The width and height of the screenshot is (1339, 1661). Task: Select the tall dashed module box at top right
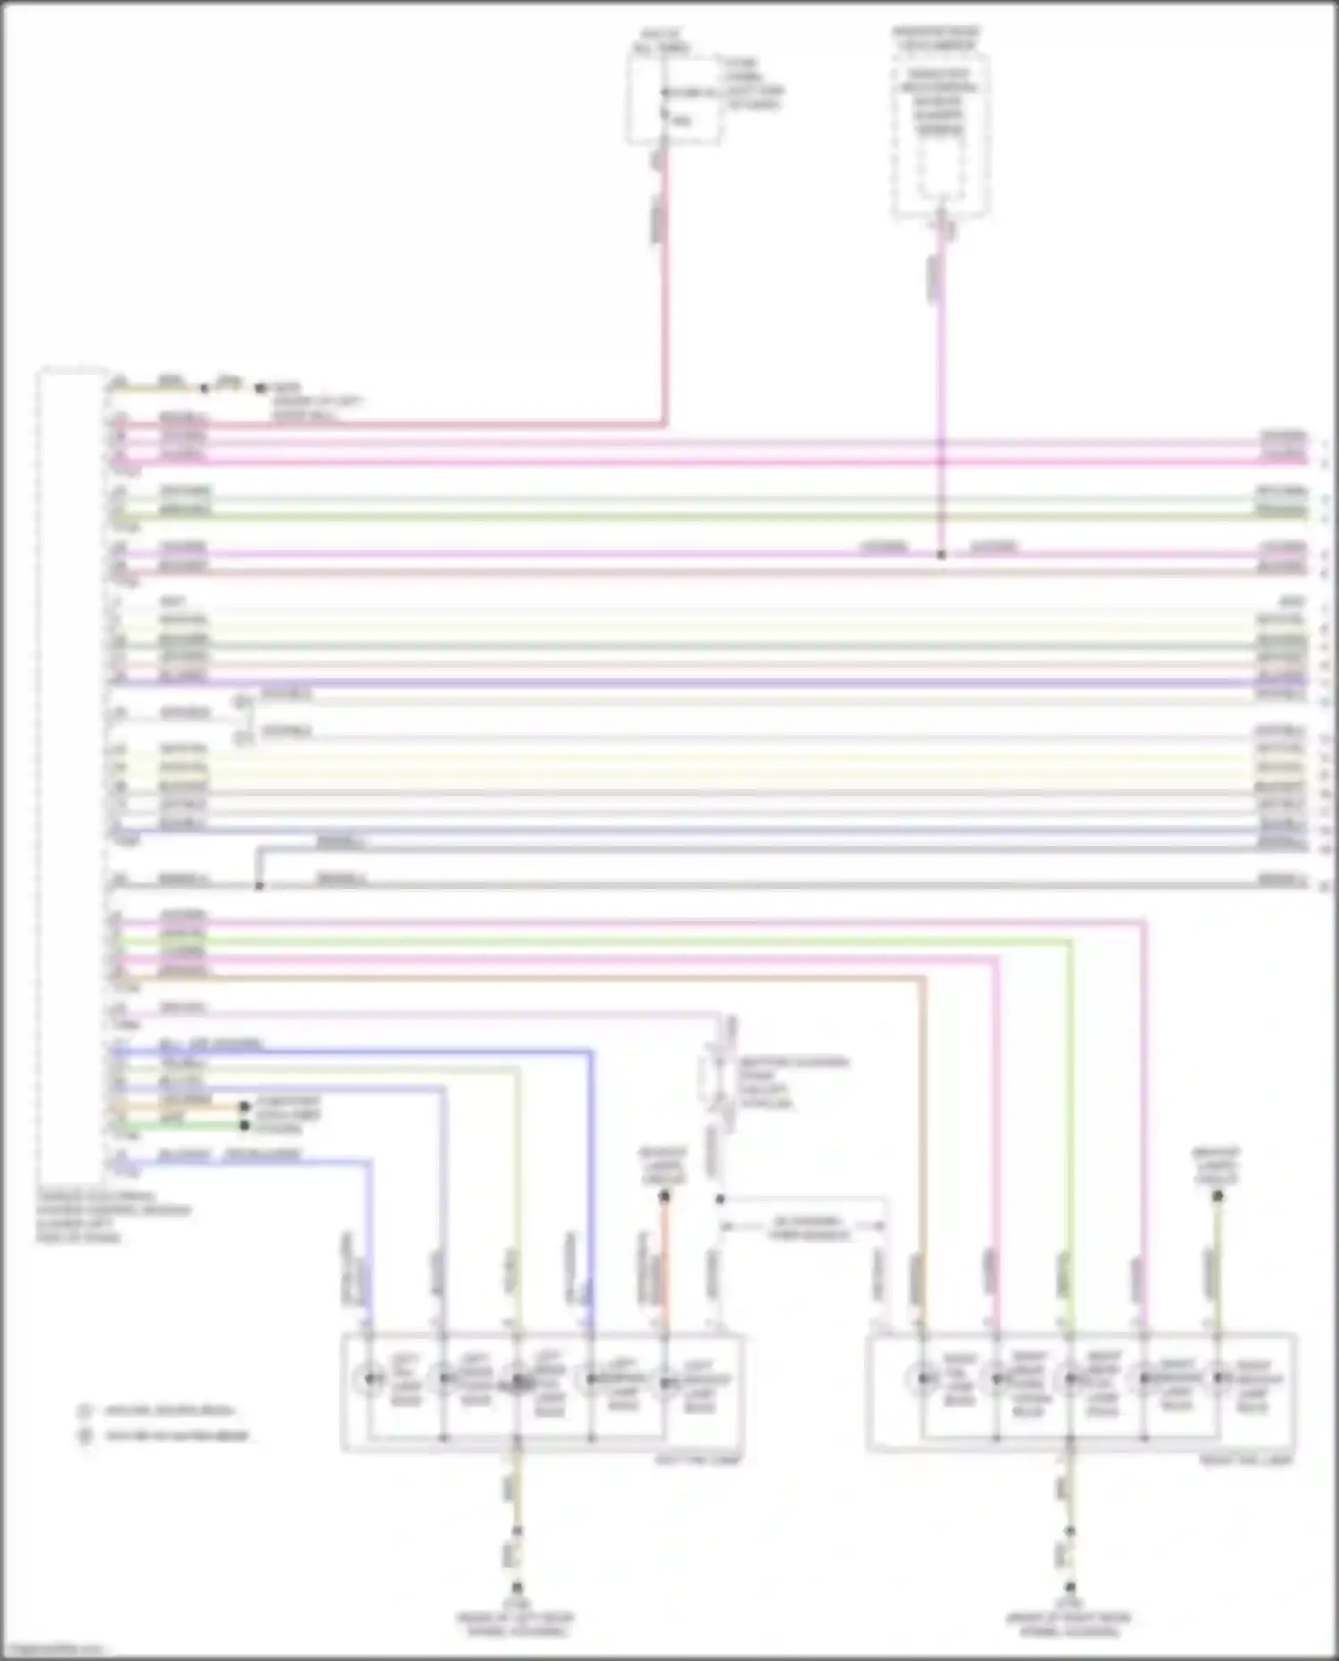(x=940, y=134)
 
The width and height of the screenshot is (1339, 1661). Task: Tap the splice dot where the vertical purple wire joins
(x=940, y=554)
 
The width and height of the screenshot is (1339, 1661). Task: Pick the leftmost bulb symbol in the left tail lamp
(x=370, y=1380)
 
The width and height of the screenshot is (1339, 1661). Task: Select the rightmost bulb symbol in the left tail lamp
(x=665, y=1383)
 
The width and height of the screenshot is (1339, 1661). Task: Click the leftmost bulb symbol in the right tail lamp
(x=923, y=1380)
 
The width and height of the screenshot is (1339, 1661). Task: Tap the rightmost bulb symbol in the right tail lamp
(x=1218, y=1380)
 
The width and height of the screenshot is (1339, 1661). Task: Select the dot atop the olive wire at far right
(x=1218, y=1195)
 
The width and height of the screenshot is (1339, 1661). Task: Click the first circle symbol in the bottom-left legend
(x=85, y=1411)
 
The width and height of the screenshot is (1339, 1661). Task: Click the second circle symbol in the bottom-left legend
(x=85, y=1436)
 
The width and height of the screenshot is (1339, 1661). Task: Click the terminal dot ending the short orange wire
(x=245, y=1107)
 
